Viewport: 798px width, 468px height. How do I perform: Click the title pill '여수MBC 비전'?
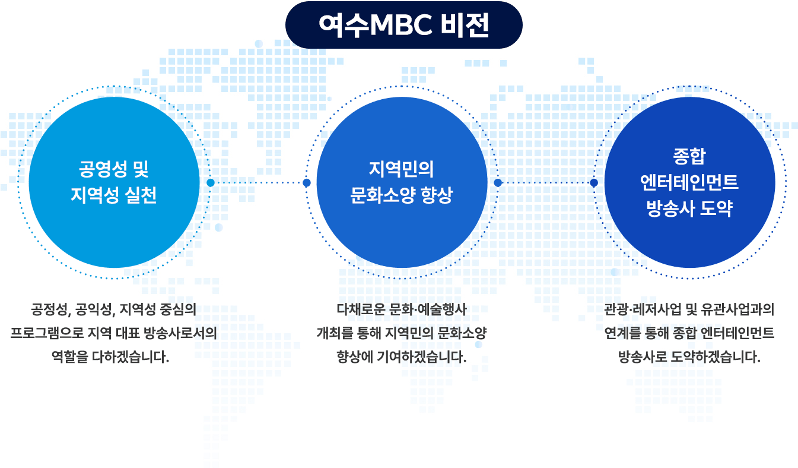pos(403,25)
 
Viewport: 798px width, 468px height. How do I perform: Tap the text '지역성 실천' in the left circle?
pos(114,195)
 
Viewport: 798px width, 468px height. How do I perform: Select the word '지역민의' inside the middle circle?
pos(402,170)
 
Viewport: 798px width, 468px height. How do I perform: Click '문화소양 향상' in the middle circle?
pos(402,195)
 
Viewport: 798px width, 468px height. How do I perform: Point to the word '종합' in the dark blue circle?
pos(689,157)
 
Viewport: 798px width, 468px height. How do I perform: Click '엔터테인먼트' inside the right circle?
pos(689,182)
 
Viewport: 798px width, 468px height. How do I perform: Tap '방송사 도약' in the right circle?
pos(689,208)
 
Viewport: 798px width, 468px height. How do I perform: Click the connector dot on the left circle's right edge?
pos(211,183)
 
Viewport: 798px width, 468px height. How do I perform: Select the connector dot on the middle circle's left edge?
pos(307,183)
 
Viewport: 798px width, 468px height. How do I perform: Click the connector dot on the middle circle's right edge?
pos(498,183)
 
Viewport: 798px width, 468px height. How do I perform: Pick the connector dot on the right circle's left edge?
pos(594,183)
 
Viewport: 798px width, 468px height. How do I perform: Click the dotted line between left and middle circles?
pos(259,183)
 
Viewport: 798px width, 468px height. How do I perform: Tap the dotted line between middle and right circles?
pos(546,183)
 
